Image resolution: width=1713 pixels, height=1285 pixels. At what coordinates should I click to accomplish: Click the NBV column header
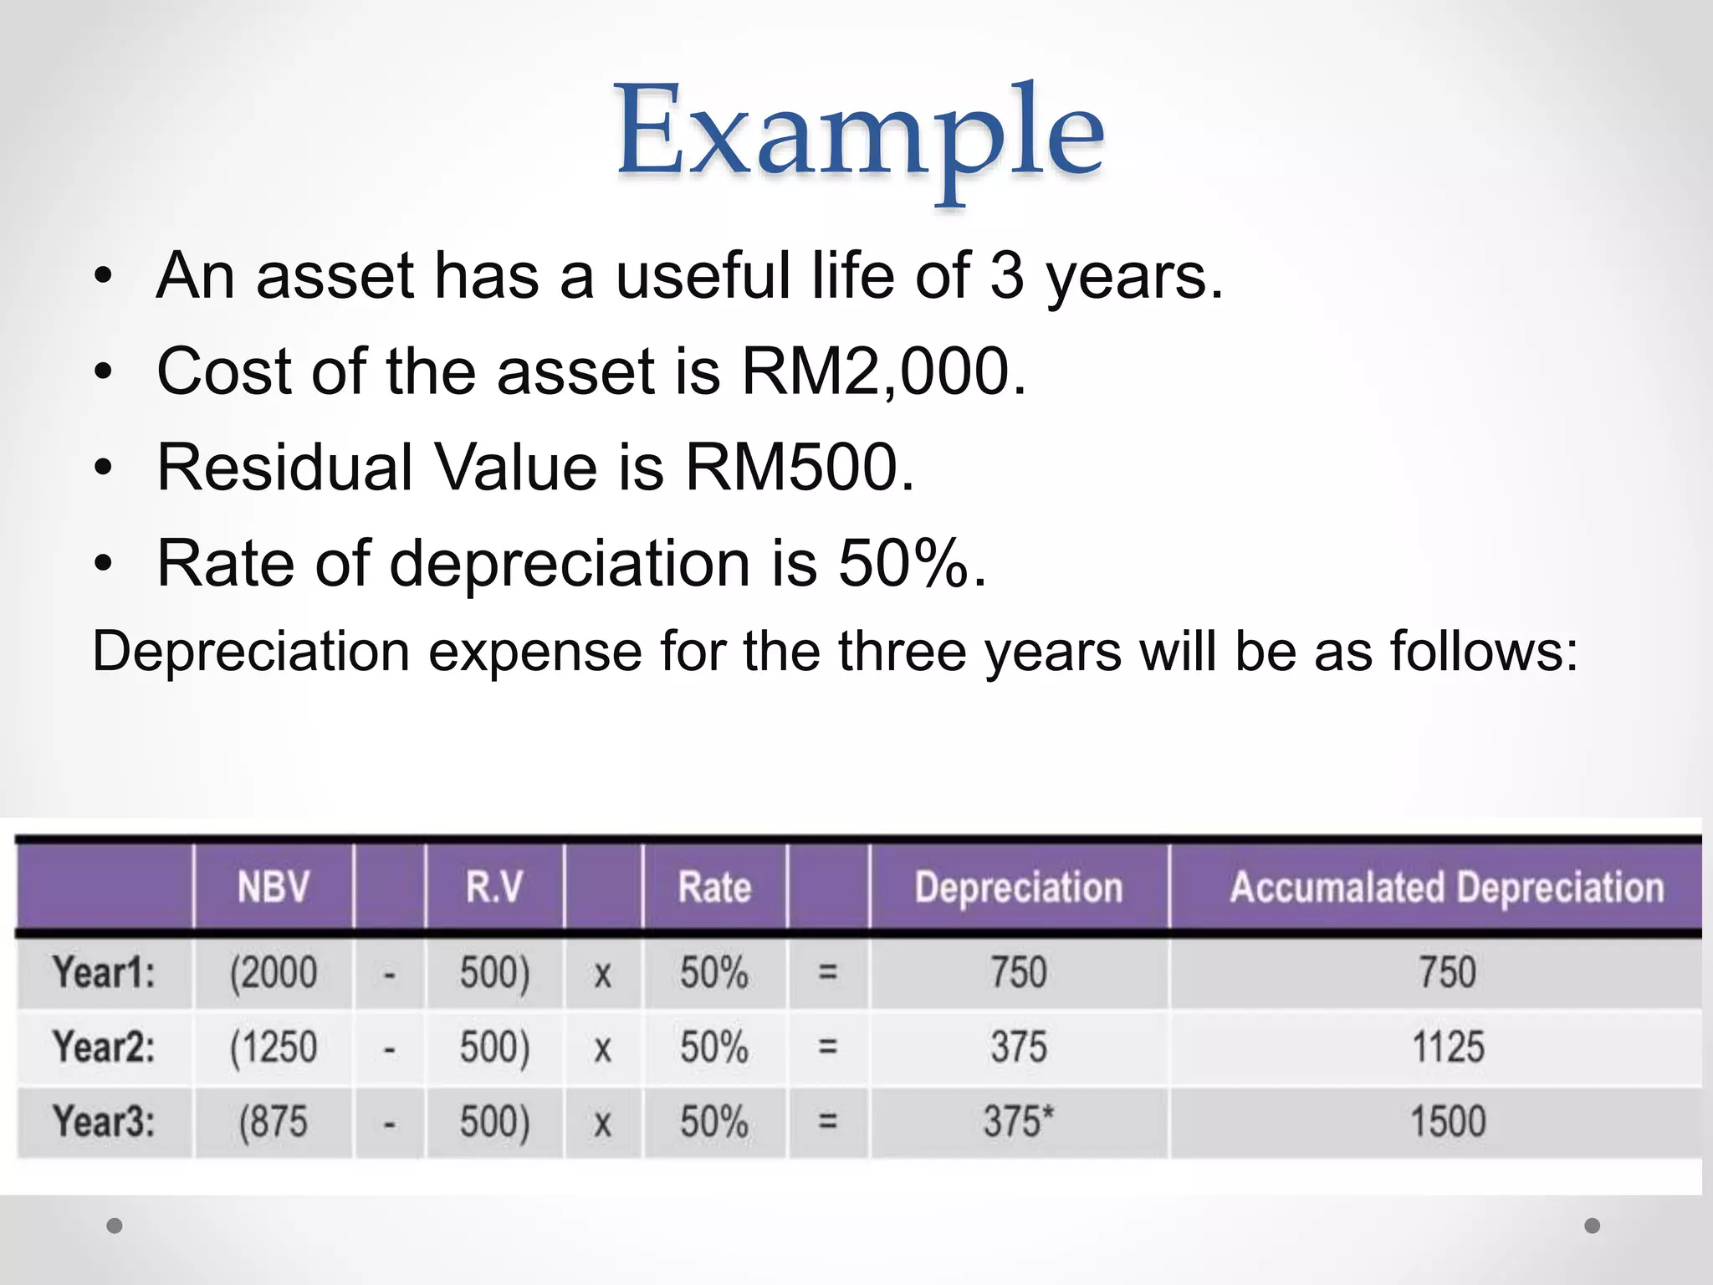pyautogui.click(x=274, y=887)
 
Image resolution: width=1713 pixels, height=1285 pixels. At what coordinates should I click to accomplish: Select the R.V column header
pyautogui.click(x=494, y=887)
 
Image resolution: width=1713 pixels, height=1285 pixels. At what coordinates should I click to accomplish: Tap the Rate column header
pyautogui.click(x=714, y=887)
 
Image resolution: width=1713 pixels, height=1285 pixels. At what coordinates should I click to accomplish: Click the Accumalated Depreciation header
pyautogui.click(x=1447, y=887)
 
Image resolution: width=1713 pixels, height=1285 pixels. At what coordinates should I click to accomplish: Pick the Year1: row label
pyautogui.click(x=104, y=973)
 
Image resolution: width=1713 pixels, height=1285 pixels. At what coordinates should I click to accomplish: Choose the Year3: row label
pyautogui.click(x=104, y=1121)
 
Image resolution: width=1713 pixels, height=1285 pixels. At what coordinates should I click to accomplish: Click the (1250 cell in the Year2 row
pyautogui.click(x=274, y=1047)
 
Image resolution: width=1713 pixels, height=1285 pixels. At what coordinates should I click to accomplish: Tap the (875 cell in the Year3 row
pyautogui.click(x=274, y=1121)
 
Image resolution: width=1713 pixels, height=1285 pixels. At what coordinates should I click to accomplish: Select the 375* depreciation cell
pyautogui.click(x=1018, y=1121)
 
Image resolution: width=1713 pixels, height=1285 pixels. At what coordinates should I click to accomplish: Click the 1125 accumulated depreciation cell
pyautogui.click(x=1448, y=1047)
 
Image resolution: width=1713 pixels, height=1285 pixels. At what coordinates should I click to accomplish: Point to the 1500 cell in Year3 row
pyautogui.click(x=1448, y=1121)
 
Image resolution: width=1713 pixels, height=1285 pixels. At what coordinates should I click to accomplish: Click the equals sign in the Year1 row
pyautogui.click(x=827, y=973)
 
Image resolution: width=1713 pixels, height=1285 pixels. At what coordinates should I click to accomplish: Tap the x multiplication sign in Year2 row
pyautogui.click(x=602, y=1048)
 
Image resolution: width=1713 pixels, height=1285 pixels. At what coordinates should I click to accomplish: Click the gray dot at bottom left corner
pyautogui.click(x=115, y=1226)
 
